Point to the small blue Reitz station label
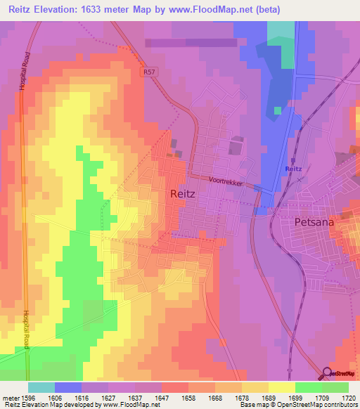pyautogui.click(x=294, y=169)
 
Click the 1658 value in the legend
pyautogui.click(x=189, y=397)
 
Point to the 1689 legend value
pyautogui.click(x=269, y=397)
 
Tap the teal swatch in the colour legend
pyautogui.click(x=41, y=387)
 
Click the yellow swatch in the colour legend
pyautogui.click(x=282, y=387)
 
